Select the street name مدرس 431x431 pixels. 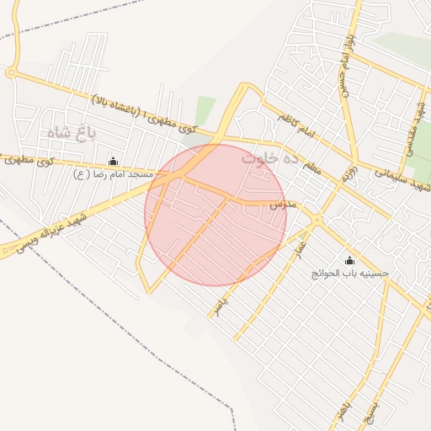click(x=282, y=205)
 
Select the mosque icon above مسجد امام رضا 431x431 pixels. click(x=114, y=161)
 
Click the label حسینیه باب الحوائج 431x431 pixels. click(x=350, y=274)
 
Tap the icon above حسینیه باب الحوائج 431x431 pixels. click(x=350, y=260)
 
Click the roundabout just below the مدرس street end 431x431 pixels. click(x=316, y=221)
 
